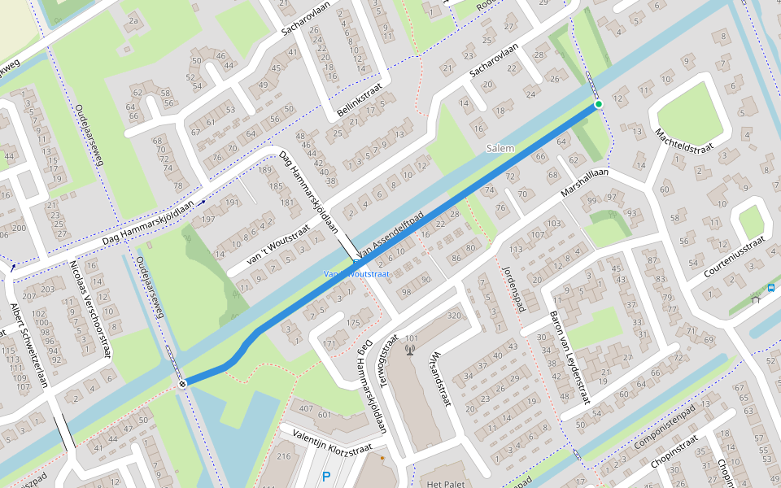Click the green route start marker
pos(599,104)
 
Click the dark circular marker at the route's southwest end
pos(183,383)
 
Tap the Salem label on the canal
pos(500,148)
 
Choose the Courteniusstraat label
pos(734,255)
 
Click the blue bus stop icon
pos(770,288)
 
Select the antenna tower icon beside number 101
pos(409,351)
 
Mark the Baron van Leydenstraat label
pos(569,358)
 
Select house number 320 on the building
pos(454,316)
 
